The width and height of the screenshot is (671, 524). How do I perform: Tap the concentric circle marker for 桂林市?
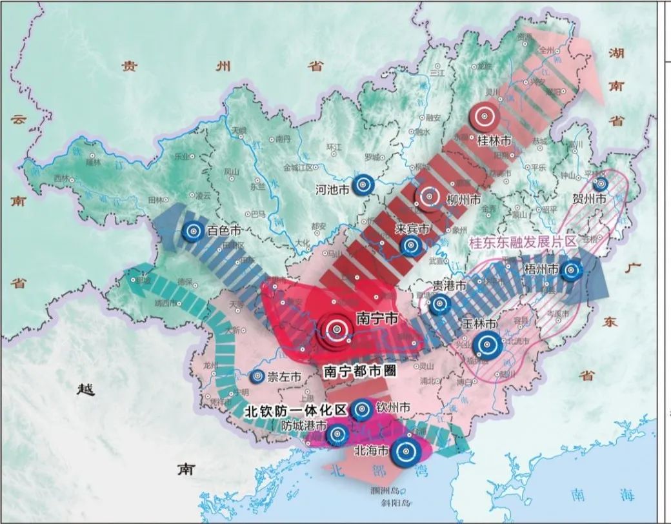(484, 117)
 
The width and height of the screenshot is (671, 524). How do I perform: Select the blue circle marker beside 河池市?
(364, 185)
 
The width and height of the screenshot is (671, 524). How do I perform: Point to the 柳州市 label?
(464, 199)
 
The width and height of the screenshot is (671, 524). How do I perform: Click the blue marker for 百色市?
(192, 231)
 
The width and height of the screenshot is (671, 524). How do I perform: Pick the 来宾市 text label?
(414, 228)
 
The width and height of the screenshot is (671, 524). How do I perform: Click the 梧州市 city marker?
(571, 271)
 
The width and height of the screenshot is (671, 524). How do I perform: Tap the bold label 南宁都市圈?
(359, 371)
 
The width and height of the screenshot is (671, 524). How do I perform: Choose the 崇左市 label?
(285, 376)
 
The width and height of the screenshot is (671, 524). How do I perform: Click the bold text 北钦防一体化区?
(296, 410)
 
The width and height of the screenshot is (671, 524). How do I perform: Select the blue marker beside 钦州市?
(361, 408)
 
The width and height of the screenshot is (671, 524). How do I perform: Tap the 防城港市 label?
(305, 427)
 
